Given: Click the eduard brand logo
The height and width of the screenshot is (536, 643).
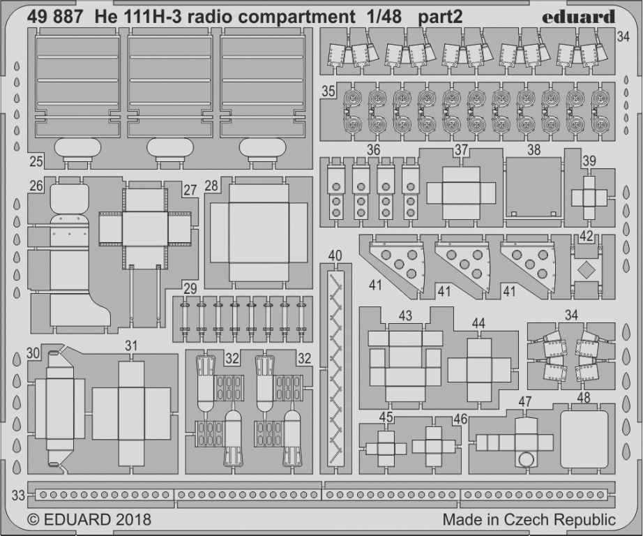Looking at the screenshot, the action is [x=579, y=17].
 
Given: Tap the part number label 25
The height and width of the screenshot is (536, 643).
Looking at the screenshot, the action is [x=36, y=161].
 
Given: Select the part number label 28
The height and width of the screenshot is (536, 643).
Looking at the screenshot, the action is [x=211, y=186].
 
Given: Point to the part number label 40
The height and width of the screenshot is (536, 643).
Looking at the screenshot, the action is [x=335, y=255].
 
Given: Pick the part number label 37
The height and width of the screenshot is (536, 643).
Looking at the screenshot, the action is [x=462, y=150].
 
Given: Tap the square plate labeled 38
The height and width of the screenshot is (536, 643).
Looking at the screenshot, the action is [x=534, y=188].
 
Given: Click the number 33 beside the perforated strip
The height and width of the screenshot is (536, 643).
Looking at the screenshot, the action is [x=18, y=496].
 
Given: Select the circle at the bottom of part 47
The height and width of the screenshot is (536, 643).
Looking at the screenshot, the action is [x=526, y=460].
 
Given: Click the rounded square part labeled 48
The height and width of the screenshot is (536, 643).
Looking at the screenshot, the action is [x=584, y=438].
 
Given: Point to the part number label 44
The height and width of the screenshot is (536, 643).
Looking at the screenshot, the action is [x=478, y=324].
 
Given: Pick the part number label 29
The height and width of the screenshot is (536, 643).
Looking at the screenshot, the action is [x=190, y=289].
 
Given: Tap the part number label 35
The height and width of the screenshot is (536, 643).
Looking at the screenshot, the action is [x=328, y=91].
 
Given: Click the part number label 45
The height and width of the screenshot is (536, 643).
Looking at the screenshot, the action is [x=386, y=417].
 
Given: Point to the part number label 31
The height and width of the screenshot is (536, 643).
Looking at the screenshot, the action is [x=131, y=346].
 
